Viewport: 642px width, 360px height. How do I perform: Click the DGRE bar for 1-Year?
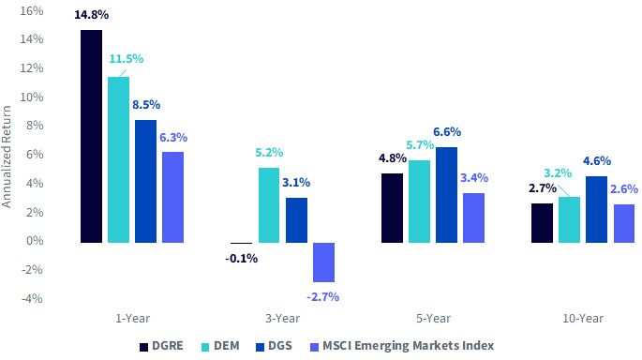pos(91,136)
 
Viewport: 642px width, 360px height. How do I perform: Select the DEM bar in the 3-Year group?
pos(269,205)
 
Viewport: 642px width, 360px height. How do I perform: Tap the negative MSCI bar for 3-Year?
pos(324,262)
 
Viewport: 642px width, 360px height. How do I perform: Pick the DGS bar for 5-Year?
pos(446,195)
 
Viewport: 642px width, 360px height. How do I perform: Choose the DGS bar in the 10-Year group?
pos(597,210)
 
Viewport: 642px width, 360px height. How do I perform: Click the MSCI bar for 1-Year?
pos(172,198)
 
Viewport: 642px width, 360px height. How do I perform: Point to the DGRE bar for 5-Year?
pos(392,208)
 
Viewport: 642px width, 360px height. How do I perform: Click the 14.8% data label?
pos(91,15)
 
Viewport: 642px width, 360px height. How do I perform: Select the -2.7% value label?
pos(323,296)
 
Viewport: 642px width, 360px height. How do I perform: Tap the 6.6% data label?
pos(447,132)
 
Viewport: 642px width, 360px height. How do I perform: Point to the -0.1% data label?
pos(241,259)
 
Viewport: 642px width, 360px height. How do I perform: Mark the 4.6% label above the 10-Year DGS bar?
pos(597,161)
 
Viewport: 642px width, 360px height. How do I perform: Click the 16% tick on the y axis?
pos(32,10)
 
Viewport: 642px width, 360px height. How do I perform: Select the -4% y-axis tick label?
pos(33,298)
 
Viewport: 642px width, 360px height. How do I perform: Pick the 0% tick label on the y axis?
pos(35,241)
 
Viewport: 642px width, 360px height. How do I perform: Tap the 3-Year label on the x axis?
pos(282,318)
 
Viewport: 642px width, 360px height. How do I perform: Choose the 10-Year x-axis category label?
pos(583,318)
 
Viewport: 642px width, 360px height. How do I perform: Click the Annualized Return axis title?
pos(7,157)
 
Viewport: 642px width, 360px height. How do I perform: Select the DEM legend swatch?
pos(205,347)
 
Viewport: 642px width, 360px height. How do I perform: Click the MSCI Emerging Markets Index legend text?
pos(409,346)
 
